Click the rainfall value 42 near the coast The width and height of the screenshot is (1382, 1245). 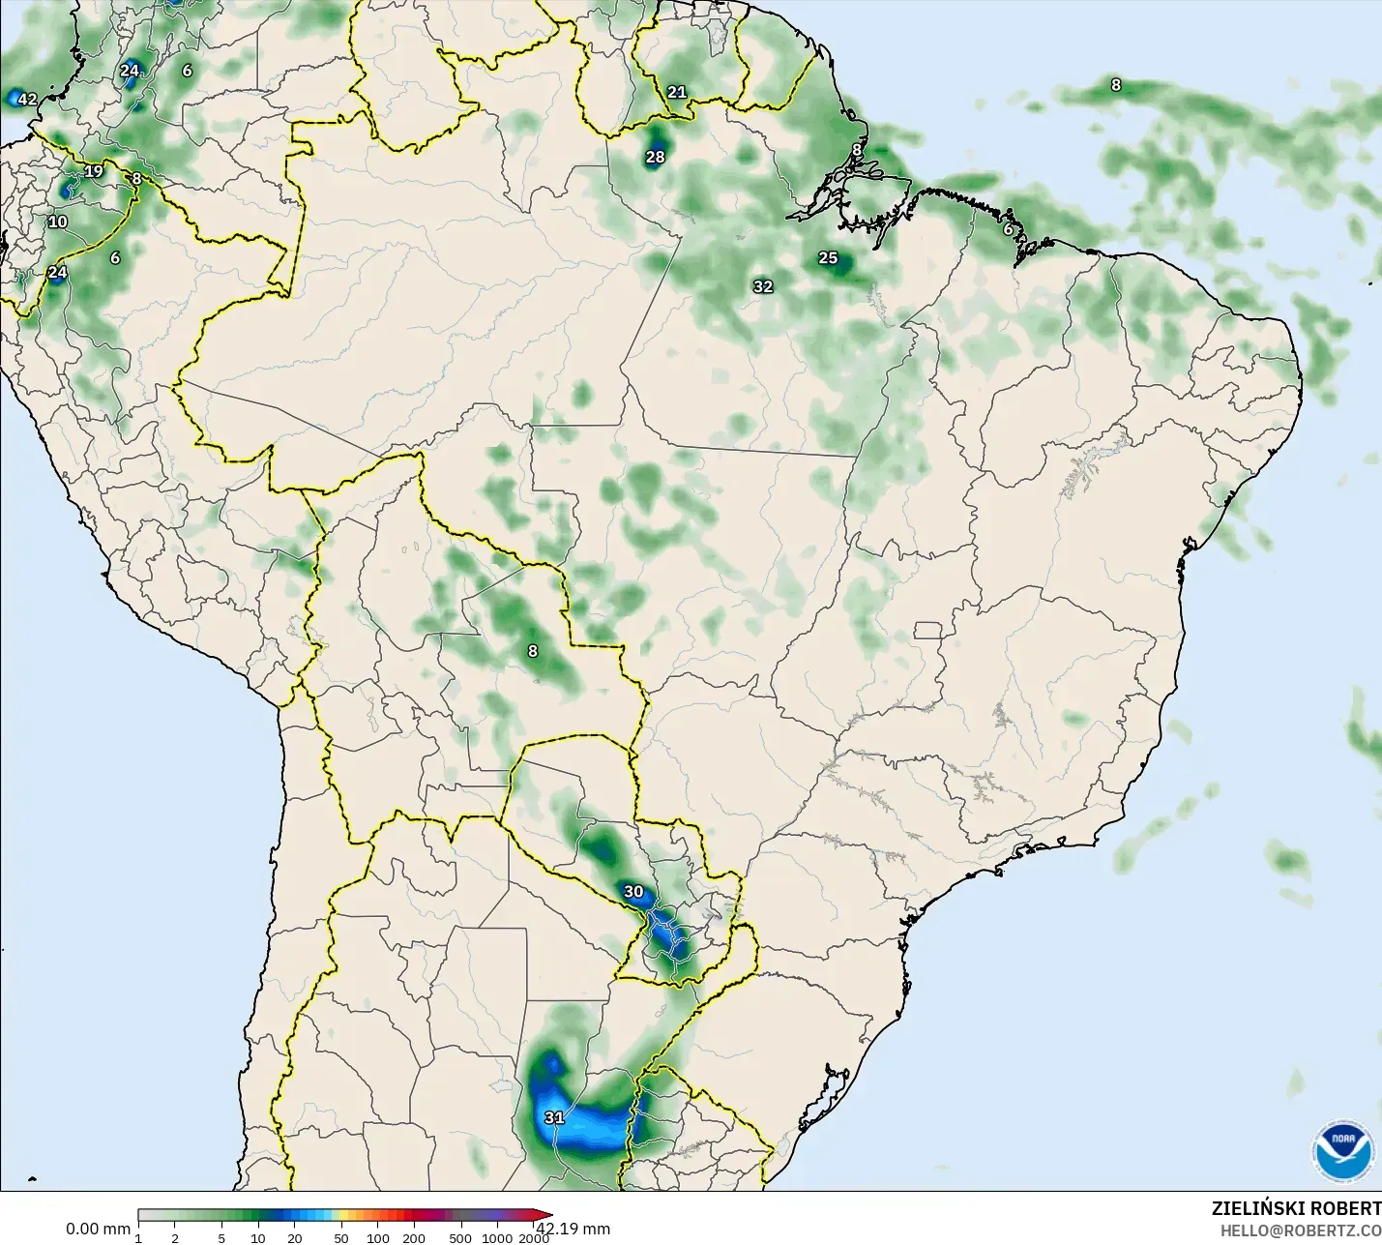click(27, 100)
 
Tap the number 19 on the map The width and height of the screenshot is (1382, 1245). click(94, 172)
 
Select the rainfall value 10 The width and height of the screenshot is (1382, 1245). click(58, 222)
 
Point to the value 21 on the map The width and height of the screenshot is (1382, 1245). click(677, 93)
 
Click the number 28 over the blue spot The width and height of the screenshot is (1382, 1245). click(656, 157)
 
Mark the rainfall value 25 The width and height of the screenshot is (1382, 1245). click(828, 258)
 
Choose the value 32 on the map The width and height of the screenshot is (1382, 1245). click(763, 287)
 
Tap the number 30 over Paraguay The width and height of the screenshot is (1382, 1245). click(633, 892)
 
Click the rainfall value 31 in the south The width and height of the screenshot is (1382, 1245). click(554, 1118)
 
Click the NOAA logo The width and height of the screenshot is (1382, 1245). click(1342, 1151)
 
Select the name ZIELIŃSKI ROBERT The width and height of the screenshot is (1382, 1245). click(1296, 1209)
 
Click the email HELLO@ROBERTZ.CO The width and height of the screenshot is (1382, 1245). click(1300, 1231)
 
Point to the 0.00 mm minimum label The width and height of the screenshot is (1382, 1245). click(98, 1230)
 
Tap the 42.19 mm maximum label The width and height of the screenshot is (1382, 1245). click(573, 1230)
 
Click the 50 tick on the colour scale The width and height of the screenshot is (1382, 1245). click(341, 1238)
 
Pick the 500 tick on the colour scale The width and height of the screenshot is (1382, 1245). click(460, 1238)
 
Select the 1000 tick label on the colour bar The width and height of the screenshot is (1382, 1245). click(497, 1238)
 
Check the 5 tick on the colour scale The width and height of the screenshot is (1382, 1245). click(221, 1238)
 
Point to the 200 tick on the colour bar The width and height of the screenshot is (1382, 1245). click(414, 1238)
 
